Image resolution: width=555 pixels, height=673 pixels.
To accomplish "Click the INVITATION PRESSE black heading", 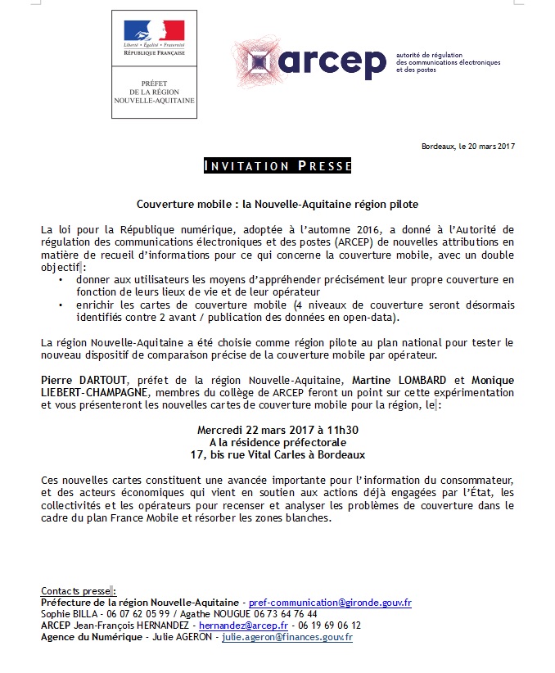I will [277, 166].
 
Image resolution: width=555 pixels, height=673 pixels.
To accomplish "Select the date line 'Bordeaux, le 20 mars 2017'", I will [468, 147].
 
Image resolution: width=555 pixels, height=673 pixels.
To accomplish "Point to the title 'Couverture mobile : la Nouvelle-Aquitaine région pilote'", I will [277, 202].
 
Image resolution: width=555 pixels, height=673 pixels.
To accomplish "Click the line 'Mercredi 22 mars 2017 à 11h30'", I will [277, 430].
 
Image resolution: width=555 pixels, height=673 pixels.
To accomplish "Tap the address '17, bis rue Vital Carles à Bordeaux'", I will [277, 454].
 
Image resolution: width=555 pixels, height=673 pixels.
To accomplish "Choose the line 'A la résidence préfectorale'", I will [277, 442].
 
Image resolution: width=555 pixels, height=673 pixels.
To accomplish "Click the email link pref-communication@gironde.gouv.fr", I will [330, 603].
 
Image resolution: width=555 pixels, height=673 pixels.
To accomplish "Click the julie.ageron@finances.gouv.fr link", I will [287, 637].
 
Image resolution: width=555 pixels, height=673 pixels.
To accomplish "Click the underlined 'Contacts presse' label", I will [75, 591].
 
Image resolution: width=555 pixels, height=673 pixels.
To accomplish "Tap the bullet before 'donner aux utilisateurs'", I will [61, 281].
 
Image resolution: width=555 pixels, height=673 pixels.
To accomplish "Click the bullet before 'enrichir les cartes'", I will [61, 305].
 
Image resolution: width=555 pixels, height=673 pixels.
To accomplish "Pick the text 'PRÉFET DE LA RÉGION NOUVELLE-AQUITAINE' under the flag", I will [154, 91].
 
